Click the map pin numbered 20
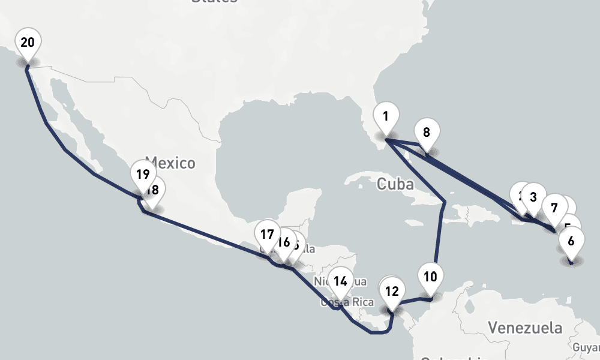click(28, 43)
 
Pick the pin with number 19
click(142, 175)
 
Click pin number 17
click(267, 235)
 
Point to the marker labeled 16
click(283, 242)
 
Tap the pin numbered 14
click(341, 281)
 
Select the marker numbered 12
click(391, 292)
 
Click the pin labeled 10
click(430, 277)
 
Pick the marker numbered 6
click(571, 241)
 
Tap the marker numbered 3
click(531, 197)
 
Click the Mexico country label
click(170, 163)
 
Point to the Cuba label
click(395, 184)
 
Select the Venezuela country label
click(525, 328)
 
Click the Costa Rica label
click(347, 302)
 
